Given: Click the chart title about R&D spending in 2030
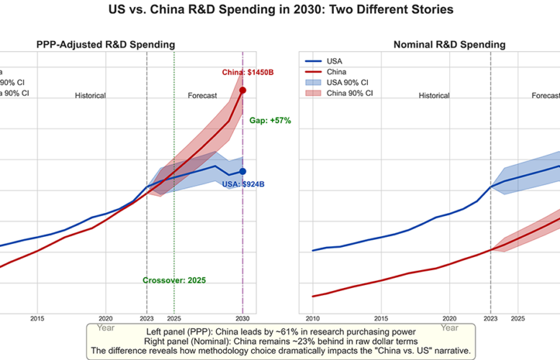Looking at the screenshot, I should coord(279,12).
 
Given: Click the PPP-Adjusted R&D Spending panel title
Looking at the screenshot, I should coord(106,45).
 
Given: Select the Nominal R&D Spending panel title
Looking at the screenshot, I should coord(449,45).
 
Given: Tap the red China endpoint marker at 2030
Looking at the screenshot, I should coord(243,90).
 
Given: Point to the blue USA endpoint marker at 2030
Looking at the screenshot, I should coord(243,171).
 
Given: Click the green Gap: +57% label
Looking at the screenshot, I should coord(270,120).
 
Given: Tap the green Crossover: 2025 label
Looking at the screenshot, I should coord(174,280).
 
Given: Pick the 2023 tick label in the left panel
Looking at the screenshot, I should coord(147,318).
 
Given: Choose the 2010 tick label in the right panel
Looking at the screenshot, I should coord(312,318).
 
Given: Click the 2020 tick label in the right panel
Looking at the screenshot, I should coord(449,318).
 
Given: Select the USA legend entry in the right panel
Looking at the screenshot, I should coord(335,61).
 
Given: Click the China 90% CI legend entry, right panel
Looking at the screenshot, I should coord(349,93).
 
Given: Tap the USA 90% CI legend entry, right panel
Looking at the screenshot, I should coord(348,82).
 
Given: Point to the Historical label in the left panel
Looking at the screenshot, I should coord(90,95).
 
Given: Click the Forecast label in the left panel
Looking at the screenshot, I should coord(202,95).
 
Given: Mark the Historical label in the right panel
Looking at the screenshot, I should coord(434,95).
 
